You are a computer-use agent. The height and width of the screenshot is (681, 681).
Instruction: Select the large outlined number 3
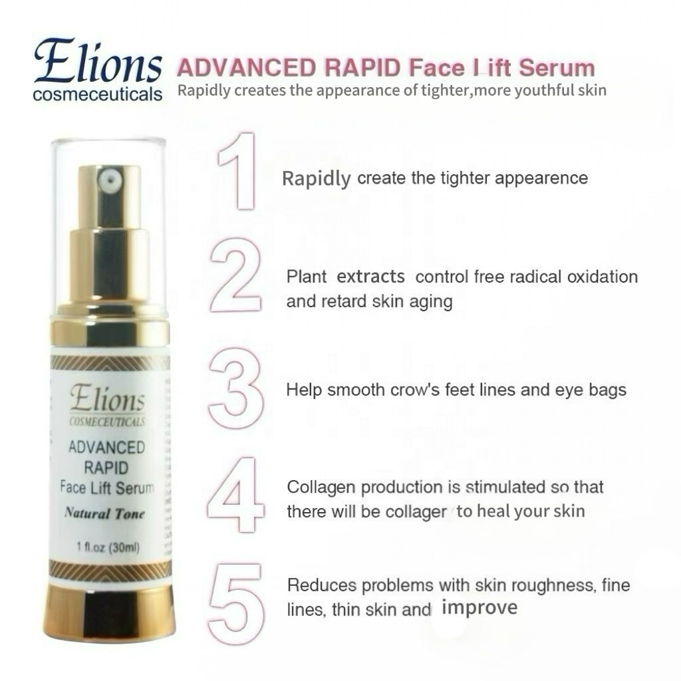pyautogui.click(x=235, y=390)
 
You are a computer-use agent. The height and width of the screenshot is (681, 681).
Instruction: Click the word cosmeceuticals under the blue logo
pyautogui.click(x=97, y=94)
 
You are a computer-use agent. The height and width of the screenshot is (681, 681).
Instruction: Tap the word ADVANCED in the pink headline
pyautogui.click(x=244, y=68)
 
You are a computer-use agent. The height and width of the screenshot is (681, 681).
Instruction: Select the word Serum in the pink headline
pyautogui.click(x=556, y=68)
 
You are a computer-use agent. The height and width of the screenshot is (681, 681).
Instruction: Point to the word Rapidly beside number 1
pyautogui.click(x=316, y=179)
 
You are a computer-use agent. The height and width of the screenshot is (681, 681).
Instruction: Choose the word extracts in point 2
pyautogui.click(x=370, y=276)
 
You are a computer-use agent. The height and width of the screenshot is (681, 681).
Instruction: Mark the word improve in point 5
pyautogui.click(x=479, y=608)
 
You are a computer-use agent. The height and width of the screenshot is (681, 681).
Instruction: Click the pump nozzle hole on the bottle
pyautogui.click(x=109, y=178)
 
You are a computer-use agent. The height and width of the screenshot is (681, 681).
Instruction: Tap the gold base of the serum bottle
pyautogui.click(x=109, y=610)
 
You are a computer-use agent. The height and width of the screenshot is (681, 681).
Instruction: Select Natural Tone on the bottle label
pyautogui.click(x=104, y=513)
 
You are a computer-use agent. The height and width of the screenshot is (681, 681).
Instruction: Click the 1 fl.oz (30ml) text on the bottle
pyautogui.click(x=107, y=547)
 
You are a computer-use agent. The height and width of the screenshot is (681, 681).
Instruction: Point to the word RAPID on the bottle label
pyautogui.click(x=106, y=467)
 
